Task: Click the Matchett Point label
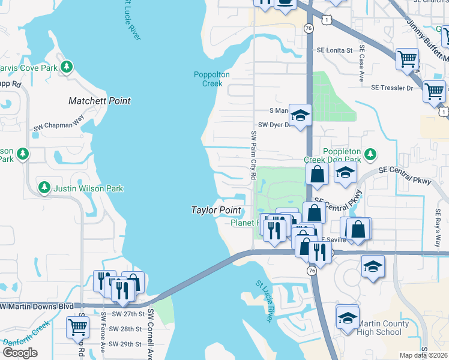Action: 100,101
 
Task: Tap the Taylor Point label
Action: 215,211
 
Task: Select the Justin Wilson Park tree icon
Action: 44,188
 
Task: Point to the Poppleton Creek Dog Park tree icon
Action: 371,154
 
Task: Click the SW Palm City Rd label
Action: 253,155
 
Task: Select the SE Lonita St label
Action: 330,50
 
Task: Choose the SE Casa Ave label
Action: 362,63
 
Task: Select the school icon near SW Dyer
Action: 300,115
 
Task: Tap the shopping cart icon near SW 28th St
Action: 78,327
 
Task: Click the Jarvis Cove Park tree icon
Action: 68,67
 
